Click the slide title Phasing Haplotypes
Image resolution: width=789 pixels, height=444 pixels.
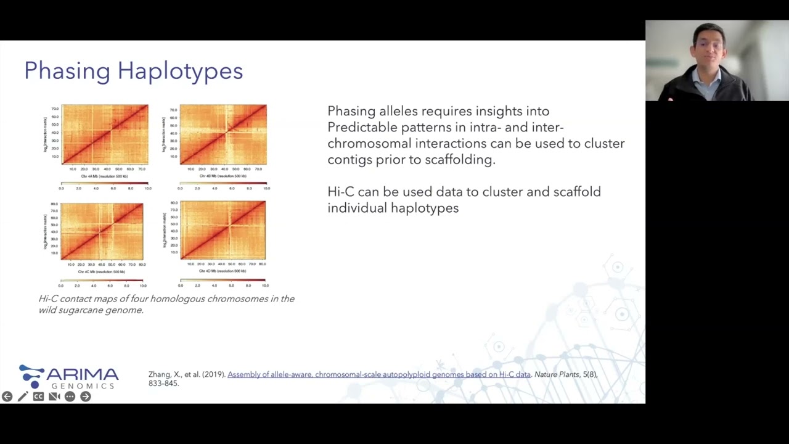coord(133,71)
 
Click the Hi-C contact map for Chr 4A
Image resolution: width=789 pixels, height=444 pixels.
coord(105,134)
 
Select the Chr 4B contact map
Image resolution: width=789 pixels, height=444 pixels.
coord(223,134)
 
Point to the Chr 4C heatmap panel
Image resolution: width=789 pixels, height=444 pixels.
coord(102,231)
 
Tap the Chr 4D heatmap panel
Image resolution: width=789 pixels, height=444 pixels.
coord(223,230)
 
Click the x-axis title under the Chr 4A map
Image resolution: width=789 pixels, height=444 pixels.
coord(104,176)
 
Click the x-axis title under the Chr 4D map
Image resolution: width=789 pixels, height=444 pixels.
coord(223,271)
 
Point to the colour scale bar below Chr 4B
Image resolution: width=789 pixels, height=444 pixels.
coord(223,183)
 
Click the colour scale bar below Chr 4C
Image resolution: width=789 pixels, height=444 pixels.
coord(102,280)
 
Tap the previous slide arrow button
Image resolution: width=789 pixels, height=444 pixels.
coord(7,397)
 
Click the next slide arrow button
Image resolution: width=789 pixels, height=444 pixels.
coord(86,397)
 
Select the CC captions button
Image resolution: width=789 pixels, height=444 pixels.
coord(38,397)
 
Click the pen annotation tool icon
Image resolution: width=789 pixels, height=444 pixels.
coord(22,397)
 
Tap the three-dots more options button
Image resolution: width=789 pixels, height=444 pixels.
coord(70,397)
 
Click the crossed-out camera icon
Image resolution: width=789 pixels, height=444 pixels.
coord(54,397)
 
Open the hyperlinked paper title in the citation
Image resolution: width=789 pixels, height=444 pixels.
coord(378,374)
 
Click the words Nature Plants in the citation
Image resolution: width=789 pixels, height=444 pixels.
coord(557,374)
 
